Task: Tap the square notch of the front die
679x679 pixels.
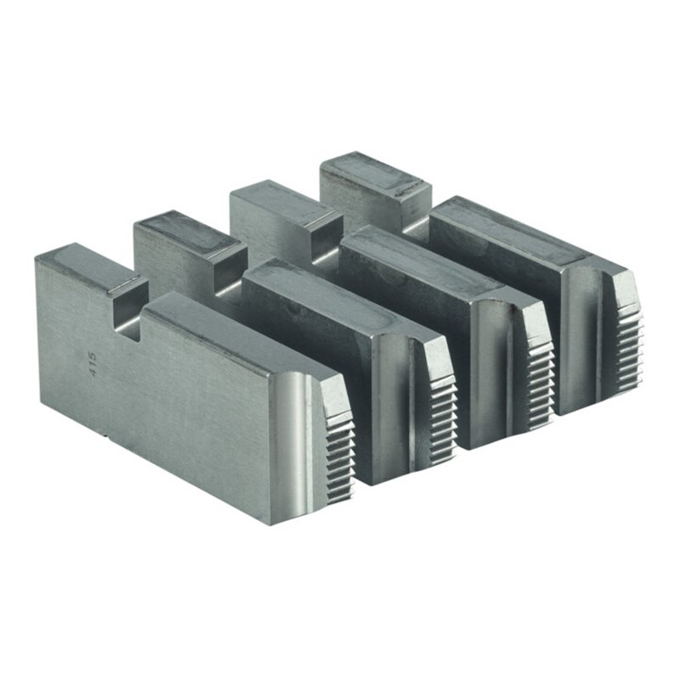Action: (x=127, y=311)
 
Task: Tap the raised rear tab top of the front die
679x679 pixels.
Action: (x=92, y=265)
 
